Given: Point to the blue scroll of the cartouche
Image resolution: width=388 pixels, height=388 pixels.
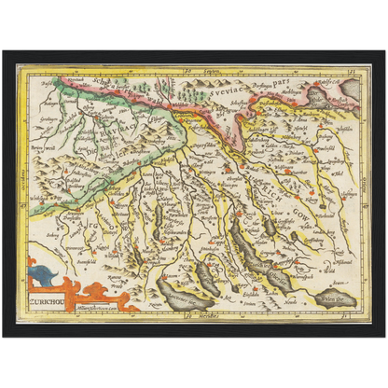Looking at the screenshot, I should coord(42,277).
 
